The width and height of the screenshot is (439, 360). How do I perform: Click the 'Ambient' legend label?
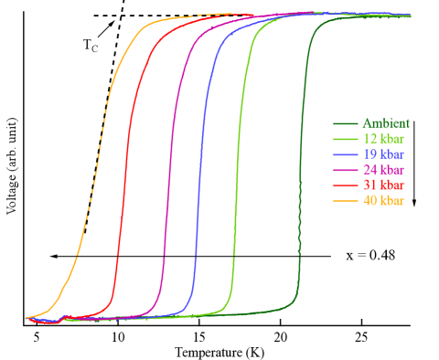386,123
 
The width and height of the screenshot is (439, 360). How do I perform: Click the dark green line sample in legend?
346,123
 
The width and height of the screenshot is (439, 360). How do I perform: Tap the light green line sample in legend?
346,139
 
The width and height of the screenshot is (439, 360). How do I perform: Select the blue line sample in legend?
346,154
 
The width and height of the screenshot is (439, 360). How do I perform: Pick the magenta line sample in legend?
346,170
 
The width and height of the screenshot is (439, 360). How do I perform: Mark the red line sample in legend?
346,185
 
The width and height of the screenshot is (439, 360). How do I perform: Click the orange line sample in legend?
346,201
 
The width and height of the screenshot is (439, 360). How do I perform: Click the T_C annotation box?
90,46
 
